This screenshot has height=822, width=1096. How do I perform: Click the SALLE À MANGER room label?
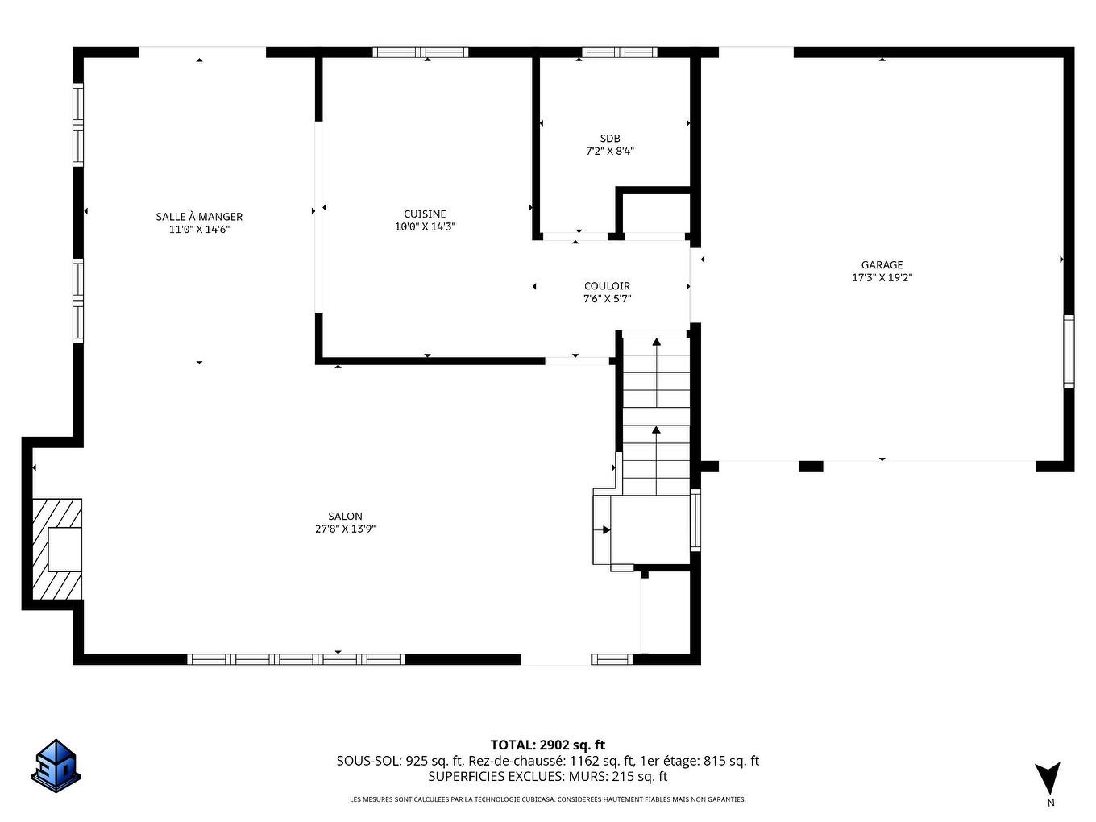199,216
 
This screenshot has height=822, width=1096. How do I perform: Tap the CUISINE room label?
425,214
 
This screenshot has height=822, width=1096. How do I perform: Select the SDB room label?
609,138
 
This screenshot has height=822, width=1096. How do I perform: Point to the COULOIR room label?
607,285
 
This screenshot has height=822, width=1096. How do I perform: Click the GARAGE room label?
882,264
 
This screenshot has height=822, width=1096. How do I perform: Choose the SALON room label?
345,516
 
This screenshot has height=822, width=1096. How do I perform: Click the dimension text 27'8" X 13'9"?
345,529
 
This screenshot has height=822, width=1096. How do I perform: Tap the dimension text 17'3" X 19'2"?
882,278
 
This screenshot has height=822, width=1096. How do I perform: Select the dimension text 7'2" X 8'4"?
609,151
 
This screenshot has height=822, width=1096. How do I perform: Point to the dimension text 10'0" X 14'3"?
425,227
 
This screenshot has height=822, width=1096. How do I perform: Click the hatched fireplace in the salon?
56,549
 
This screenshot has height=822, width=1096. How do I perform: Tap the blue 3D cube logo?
56,765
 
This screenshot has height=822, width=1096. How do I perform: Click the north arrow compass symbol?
1048,778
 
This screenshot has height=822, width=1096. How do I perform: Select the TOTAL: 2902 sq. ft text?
547,745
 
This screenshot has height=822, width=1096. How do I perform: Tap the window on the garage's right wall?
1069,351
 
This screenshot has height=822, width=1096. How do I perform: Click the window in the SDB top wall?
619,52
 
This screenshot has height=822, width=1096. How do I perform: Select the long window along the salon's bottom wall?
296,659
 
